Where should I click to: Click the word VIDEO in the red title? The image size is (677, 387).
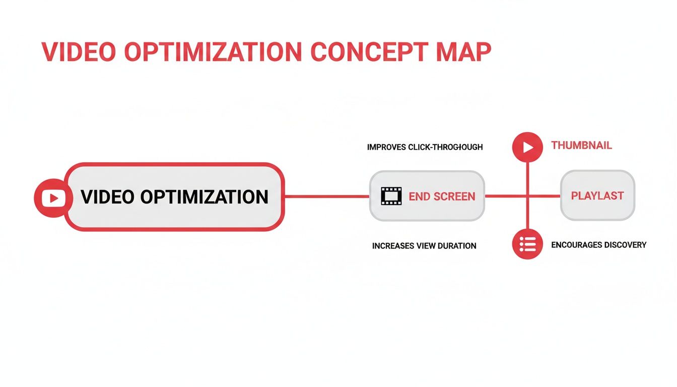(x=77, y=52)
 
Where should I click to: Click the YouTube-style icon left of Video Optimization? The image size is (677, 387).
(x=50, y=198)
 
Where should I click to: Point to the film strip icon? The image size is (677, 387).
(x=391, y=196)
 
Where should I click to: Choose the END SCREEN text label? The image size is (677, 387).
(x=442, y=197)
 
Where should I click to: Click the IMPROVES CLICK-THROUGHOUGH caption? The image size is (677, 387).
(x=425, y=147)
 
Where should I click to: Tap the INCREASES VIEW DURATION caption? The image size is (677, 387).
(x=424, y=246)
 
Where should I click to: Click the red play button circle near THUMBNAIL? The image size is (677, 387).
(x=527, y=147)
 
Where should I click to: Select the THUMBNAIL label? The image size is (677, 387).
(x=581, y=146)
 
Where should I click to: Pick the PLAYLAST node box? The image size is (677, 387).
(x=597, y=196)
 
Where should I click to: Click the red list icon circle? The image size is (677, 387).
(x=527, y=244)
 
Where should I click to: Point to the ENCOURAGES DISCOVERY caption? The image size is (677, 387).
(x=598, y=245)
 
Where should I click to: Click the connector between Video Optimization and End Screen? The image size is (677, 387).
(x=327, y=196)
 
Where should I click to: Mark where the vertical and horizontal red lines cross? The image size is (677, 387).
(x=527, y=196)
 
